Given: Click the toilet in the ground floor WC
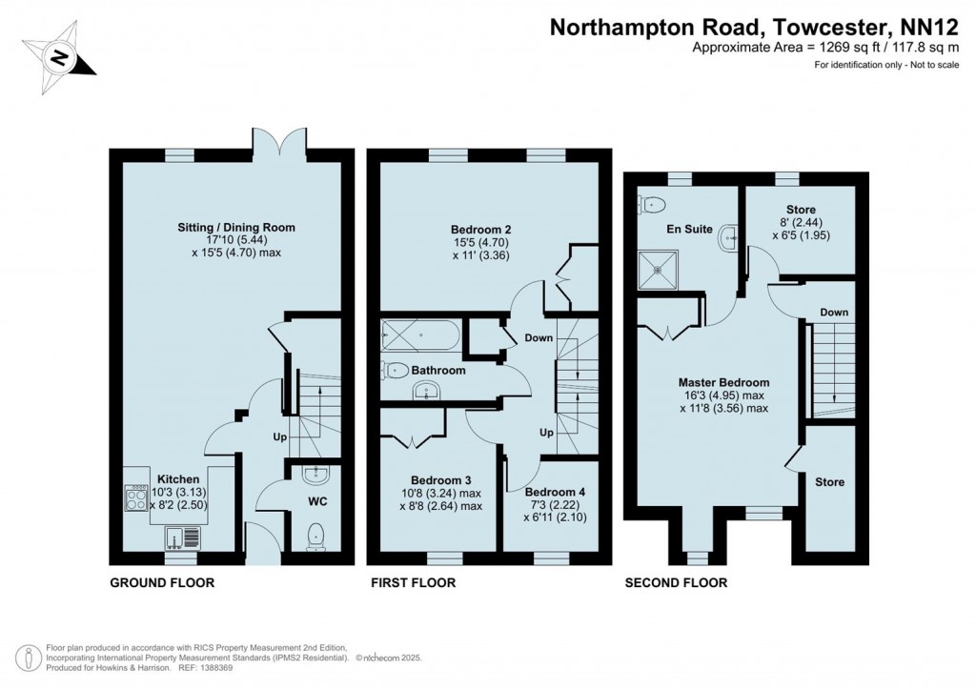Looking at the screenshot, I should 315,538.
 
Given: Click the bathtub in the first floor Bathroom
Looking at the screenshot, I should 419,335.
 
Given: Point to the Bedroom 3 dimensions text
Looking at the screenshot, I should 440,499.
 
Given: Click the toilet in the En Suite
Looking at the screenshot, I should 652,203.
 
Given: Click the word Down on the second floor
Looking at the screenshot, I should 833,313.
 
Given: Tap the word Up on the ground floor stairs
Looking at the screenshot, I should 280,436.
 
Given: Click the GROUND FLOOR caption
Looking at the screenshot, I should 162,582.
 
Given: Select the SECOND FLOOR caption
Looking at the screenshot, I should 676,582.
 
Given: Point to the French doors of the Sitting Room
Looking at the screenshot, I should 280,143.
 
